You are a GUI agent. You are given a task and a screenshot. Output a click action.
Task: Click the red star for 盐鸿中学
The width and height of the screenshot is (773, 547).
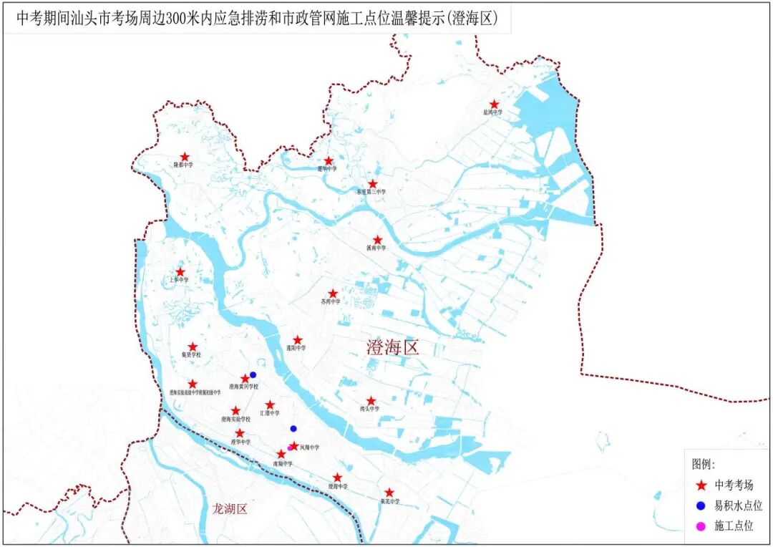coord(494,105)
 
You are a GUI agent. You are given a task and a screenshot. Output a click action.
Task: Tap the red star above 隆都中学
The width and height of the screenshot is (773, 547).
coord(185,157)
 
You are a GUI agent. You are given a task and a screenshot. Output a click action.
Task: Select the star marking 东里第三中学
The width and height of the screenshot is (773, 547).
coord(372,184)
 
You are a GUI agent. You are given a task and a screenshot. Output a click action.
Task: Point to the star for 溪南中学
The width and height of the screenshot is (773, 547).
coord(377,240)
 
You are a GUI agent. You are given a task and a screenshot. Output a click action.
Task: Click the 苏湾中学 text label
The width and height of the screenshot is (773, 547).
coord(331,301)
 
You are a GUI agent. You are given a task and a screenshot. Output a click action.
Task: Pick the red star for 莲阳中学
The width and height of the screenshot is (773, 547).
coord(298,340)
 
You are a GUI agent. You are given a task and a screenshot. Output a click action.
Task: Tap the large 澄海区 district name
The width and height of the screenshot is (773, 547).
coord(392,349)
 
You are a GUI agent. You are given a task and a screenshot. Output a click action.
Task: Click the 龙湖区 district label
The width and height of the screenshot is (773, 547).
coord(230,509)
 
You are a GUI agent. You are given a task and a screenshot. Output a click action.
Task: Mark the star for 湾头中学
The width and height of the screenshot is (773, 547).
coord(371,402)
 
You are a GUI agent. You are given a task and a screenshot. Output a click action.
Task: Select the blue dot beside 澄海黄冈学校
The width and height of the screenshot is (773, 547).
coord(253,374)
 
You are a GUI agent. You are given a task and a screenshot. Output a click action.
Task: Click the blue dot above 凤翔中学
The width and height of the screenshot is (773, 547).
coord(293,429)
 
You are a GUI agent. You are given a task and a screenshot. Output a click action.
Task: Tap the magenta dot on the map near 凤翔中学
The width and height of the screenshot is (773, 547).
coord(290,448)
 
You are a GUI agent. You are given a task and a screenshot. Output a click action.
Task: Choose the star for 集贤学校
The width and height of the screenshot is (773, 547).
coord(193,347)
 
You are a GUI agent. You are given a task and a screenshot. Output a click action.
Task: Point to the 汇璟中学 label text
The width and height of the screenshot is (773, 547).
coord(270,412)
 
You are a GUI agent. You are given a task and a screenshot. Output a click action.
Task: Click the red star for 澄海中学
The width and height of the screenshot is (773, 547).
coord(337,478)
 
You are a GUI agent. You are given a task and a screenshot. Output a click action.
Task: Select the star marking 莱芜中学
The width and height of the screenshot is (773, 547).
coord(389,493)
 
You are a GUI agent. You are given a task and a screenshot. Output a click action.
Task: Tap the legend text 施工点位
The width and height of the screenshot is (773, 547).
coord(734,526)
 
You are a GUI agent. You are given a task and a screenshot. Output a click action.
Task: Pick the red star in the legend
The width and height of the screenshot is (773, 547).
coord(701,485)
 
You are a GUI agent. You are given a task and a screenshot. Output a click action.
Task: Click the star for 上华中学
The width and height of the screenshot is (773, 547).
coord(180,272)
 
